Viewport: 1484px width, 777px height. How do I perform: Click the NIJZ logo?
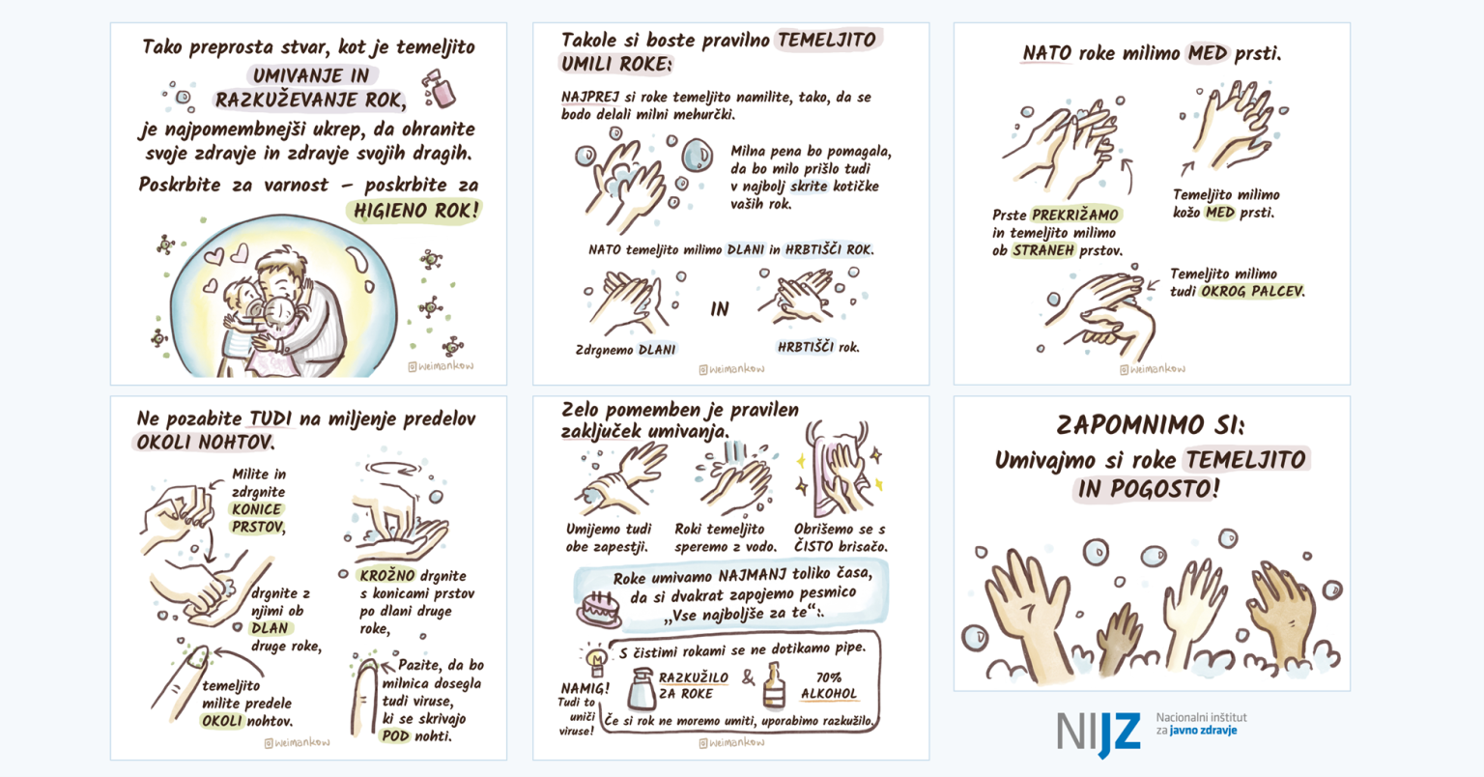pyautogui.click(x=1099, y=732)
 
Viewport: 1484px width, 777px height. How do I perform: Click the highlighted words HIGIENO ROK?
pyautogui.click(x=416, y=210)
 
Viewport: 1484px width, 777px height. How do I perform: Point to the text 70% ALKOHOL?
pyautogui.click(x=828, y=685)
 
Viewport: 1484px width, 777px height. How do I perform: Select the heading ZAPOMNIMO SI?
pyautogui.click(x=1150, y=425)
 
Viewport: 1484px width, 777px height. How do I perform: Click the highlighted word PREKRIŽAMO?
pyautogui.click(x=1075, y=215)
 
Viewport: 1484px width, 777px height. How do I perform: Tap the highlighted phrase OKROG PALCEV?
pyautogui.click(x=1252, y=291)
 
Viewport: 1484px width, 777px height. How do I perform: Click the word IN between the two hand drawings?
pyautogui.click(x=720, y=309)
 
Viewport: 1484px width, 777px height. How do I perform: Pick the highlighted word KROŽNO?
pyautogui.click(x=386, y=575)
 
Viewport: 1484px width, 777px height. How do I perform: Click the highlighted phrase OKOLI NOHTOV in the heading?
pyautogui.click(x=204, y=443)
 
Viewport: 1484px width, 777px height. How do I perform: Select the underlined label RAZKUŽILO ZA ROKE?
pyautogui.click(x=693, y=685)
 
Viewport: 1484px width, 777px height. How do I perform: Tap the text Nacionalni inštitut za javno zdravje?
pyautogui.click(x=1201, y=724)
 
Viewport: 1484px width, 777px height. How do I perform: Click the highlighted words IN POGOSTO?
pyautogui.click(x=1147, y=489)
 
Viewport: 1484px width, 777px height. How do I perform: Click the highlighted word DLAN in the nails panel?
pyautogui.click(x=270, y=628)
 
